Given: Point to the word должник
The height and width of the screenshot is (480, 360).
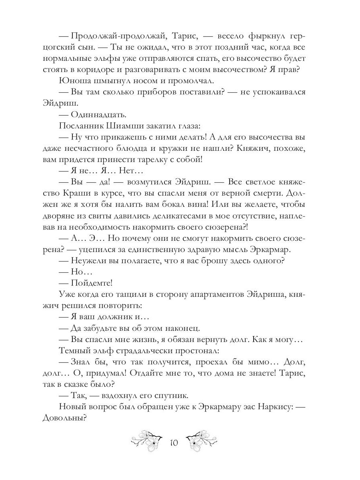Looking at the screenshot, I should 110,316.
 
